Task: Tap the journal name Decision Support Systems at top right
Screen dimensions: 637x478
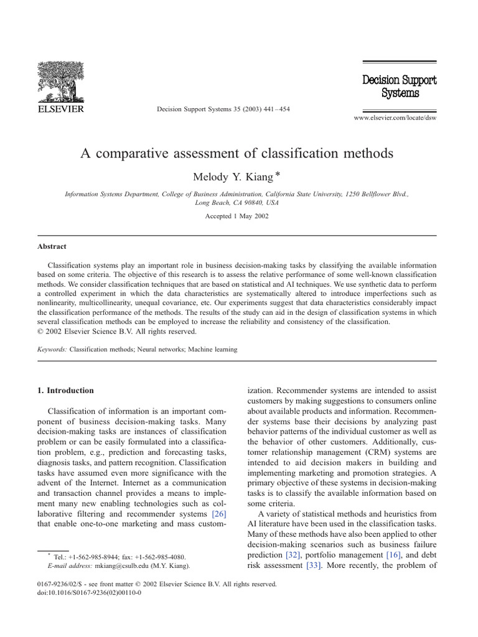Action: click(x=400, y=86)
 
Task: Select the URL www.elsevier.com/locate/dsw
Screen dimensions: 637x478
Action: click(x=395, y=118)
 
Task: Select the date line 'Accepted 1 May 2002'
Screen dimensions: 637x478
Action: click(x=237, y=216)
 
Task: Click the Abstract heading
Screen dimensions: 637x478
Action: click(x=52, y=246)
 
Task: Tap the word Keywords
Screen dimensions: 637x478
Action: click(x=52, y=350)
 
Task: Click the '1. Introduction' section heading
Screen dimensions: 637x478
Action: click(x=66, y=391)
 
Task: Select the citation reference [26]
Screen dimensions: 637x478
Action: click(x=218, y=514)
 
